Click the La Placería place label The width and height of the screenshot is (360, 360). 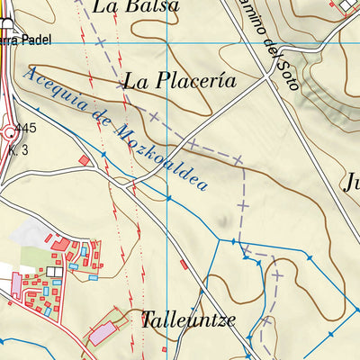[x=180, y=81]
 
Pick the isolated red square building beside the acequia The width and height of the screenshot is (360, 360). [x=85, y=161]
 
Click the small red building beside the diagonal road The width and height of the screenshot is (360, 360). [x=184, y=265]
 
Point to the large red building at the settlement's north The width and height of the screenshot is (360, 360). [x=61, y=242]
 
